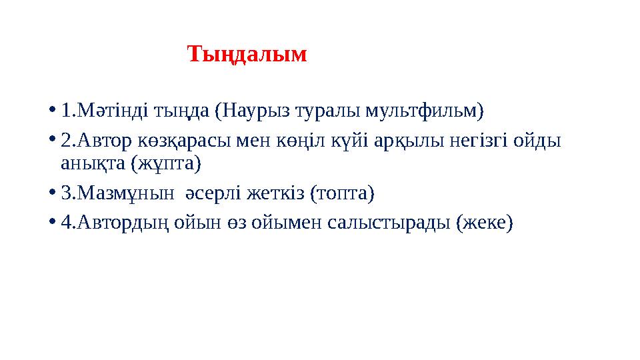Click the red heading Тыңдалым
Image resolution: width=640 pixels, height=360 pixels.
coord(247,54)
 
